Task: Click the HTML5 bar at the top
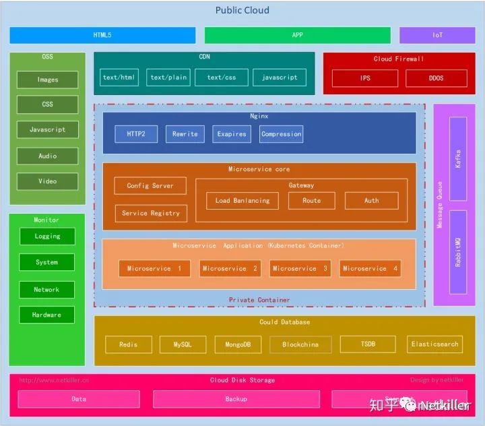(x=102, y=35)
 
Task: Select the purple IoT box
(x=437, y=35)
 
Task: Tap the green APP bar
(x=297, y=35)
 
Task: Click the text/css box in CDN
(x=222, y=78)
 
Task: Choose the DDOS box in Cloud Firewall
(x=436, y=78)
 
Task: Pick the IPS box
(x=364, y=78)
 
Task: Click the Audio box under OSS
(x=47, y=156)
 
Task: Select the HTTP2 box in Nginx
(x=135, y=134)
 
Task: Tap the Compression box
(x=281, y=134)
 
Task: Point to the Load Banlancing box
(x=242, y=200)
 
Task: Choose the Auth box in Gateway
(x=371, y=200)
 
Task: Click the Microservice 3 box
(x=300, y=268)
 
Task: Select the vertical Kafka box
(x=458, y=159)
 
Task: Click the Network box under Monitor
(x=46, y=289)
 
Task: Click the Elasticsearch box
(x=434, y=344)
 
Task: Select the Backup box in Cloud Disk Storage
(x=236, y=399)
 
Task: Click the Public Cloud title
(x=242, y=10)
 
